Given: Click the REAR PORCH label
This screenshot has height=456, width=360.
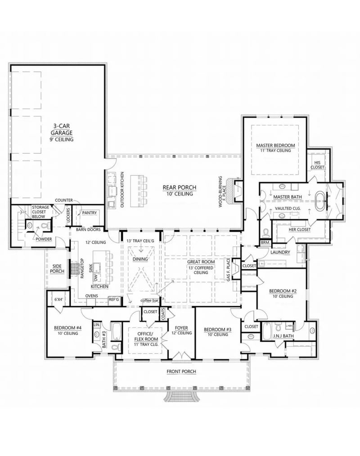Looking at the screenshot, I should (178, 191).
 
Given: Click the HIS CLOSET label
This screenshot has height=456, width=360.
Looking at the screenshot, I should (317, 165).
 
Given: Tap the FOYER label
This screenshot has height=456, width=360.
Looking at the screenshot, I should (181, 330).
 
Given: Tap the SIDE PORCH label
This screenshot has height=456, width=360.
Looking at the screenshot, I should (57, 269).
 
